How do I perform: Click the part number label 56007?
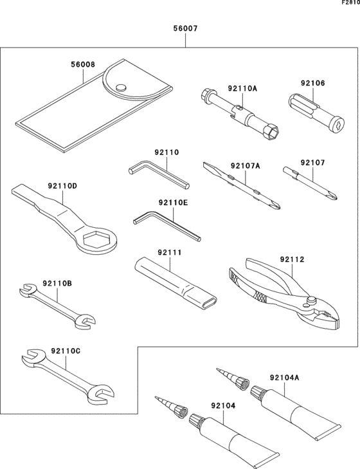(x=186, y=29)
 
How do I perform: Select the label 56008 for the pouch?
(x=82, y=65)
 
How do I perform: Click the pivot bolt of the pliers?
(x=312, y=300)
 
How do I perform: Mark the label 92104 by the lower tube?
(x=223, y=407)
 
